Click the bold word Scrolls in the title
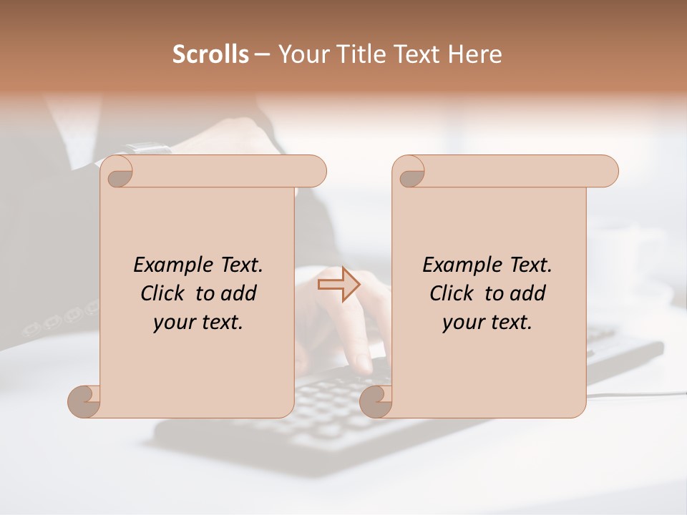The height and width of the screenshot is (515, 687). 210,54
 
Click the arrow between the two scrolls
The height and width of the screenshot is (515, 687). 338,285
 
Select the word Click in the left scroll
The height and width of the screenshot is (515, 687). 162,293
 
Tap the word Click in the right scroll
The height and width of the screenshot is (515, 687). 452,293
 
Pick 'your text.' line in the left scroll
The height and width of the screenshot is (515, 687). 198,322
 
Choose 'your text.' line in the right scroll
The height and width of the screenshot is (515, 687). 487,322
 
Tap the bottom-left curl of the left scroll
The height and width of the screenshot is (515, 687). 84,401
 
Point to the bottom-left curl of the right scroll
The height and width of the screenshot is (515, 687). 376,401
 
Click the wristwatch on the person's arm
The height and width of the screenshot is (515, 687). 149,149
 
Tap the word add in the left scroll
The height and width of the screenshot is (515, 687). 239,293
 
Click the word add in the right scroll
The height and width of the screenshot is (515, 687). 528,293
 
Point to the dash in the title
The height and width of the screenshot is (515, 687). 262,54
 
